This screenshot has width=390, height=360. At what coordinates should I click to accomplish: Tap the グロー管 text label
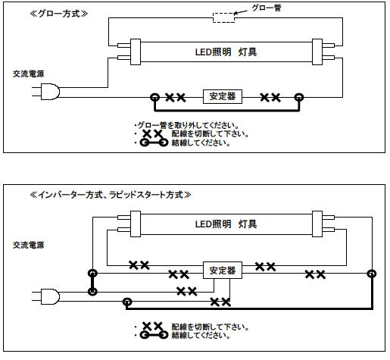(x=267, y=8)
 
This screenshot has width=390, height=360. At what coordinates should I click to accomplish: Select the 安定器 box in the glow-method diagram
(x=223, y=96)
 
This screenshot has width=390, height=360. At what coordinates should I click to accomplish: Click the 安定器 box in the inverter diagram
(x=223, y=271)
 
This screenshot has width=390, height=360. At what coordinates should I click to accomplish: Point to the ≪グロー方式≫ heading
(x=59, y=14)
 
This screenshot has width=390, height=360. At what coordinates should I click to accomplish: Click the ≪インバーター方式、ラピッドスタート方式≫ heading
(x=111, y=195)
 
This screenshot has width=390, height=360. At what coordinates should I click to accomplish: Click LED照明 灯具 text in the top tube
(x=226, y=52)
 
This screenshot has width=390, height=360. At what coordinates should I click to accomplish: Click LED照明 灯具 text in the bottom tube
(x=226, y=224)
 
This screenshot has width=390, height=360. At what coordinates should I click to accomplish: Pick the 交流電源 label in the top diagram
(x=29, y=74)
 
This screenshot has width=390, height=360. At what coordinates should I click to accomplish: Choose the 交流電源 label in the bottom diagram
(x=29, y=245)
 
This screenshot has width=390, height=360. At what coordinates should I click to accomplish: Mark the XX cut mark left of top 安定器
(x=176, y=97)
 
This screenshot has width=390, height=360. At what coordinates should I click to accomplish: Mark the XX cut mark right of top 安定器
(x=270, y=97)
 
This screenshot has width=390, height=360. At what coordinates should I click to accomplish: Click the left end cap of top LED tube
(x=136, y=52)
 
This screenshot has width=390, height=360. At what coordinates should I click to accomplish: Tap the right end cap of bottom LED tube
(x=317, y=224)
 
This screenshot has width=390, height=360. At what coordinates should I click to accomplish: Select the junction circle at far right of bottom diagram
(x=372, y=274)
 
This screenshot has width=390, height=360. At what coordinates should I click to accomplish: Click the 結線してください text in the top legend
(x=201, y=142)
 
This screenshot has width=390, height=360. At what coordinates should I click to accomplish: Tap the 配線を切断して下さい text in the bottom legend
(x=210, y=327)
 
